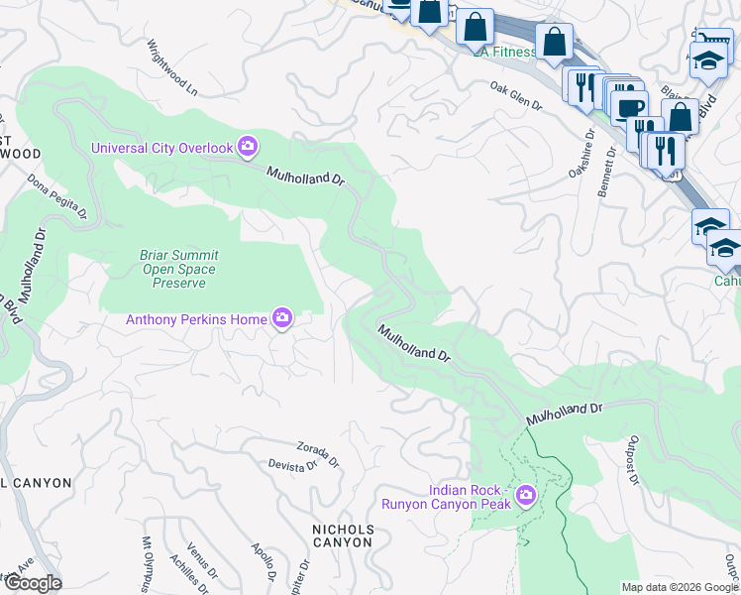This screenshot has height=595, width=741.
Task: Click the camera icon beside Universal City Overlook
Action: click(248, 148)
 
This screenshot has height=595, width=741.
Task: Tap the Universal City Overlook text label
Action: click(161, 149)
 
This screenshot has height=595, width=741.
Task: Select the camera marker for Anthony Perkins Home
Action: click(283, 318)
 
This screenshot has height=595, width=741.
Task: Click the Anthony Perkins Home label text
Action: click(196, 319)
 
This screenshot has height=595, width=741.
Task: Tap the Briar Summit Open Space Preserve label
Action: click(179, 269)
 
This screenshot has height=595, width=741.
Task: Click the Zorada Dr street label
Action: click(318, 455)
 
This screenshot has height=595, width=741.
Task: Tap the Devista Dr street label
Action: click(292, 464)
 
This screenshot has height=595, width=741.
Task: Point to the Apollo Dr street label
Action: click(263, 560)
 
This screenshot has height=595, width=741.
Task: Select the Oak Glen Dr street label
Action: click(517, 97)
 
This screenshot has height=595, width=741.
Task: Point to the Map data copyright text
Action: click(679, 587)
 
